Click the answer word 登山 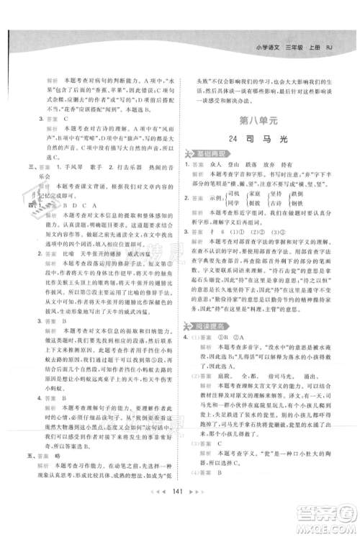pos(247,165)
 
